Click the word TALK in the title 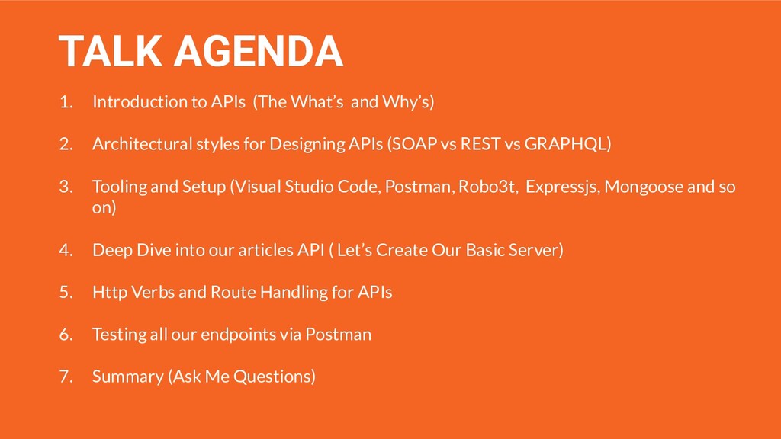point(111,51)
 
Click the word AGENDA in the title point(259,51)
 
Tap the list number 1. point(66,102)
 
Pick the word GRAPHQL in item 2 point(566,144)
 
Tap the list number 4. point(66,250)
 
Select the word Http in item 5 point(110,292)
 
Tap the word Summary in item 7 point(128,377)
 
